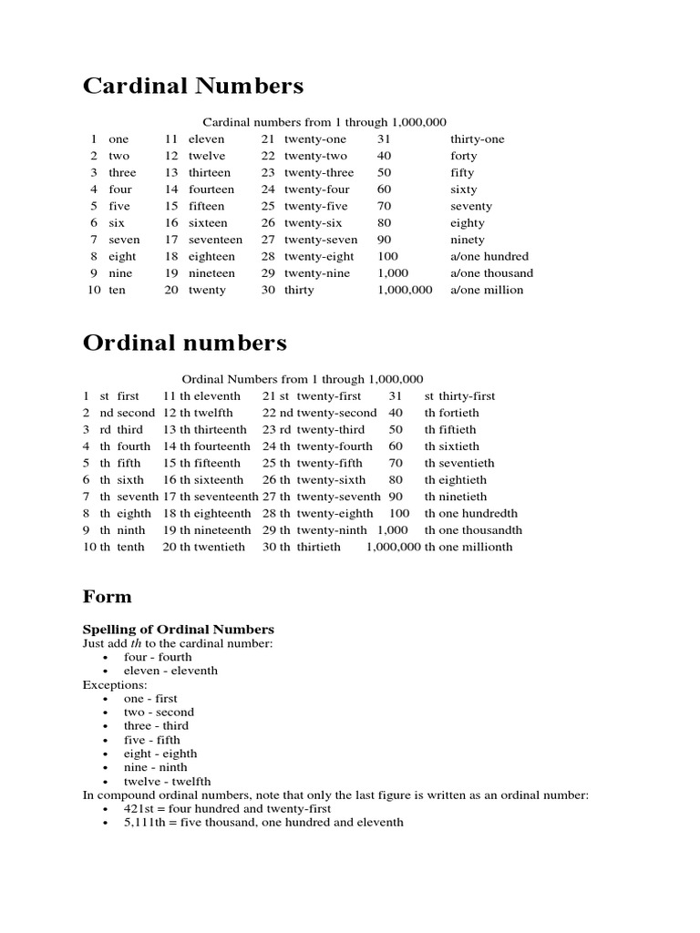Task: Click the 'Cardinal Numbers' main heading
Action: tap(193, 87)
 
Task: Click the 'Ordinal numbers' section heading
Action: tap(184, 343)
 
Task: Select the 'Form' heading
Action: tap(107, 597)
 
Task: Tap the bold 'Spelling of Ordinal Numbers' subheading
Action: tap(178, 630)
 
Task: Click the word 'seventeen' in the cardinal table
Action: tap(215, 240)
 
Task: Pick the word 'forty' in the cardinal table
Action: tap(463, 156)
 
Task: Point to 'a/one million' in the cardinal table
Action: tap(487, 290)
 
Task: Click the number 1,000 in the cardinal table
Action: tap(393, 273)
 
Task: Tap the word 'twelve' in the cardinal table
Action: tap(206, 156)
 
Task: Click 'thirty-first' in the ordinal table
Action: tap(467, 396)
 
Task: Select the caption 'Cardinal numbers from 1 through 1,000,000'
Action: tap(324, 122)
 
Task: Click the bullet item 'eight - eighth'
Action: tap(160, 754)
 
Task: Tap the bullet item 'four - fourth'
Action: tap(158, 657)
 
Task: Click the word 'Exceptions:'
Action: tap(115, 684)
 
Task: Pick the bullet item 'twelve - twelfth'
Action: tap(167, 781)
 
